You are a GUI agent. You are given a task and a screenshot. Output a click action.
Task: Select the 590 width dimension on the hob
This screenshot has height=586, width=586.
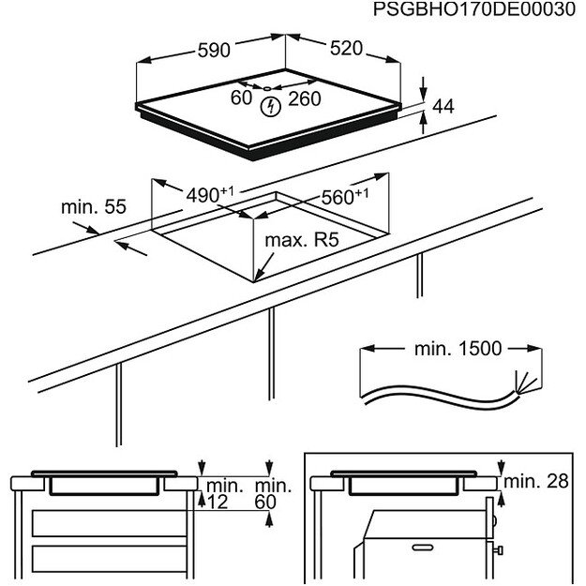pyautogui.click(x=213, y=52)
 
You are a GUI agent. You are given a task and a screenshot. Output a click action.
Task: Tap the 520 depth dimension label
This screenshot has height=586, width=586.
pyautogui.click(x=345, y=50)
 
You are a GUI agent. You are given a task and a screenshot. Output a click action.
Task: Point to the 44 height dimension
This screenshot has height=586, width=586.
pyautogui.click(x=443, y=108)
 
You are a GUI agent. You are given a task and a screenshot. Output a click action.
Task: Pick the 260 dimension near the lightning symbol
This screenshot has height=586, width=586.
pyautogui.click(x=305, y=98)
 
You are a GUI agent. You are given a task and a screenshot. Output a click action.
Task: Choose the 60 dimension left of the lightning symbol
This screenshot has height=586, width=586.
pyautogui.click(x=241, y=98)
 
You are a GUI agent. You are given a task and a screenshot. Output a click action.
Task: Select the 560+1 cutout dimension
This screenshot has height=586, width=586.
pyautogui.click(x=346, y=197)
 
